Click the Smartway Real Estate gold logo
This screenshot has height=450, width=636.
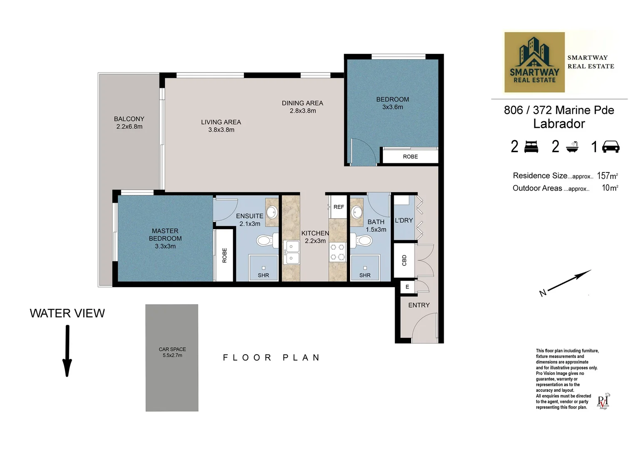(x=534, y=62)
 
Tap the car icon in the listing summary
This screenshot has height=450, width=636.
(x=611, y=147)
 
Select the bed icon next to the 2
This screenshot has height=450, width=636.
(x=531, y=147)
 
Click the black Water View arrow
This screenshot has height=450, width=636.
(x=67, y=351)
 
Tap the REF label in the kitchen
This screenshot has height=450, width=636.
(x=339, y=207)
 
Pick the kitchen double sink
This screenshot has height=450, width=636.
(x=291, y=253)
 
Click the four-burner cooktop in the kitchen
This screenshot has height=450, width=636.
(x=338, y=252)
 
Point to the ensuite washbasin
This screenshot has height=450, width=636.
(x=271, y=212)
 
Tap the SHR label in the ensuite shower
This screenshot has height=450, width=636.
(x=263, y=275)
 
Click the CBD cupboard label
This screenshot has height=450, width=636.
(x=404, y=260)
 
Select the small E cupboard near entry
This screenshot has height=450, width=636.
(x=407, y=287)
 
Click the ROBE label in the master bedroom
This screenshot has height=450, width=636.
(x=224, y=255)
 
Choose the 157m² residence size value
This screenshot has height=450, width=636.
(x=607, y=176)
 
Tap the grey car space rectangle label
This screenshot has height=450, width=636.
(x=172, y=352)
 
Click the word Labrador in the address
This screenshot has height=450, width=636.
(x=559, y=124)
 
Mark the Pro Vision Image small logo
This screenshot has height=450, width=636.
(x=603, y=401)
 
